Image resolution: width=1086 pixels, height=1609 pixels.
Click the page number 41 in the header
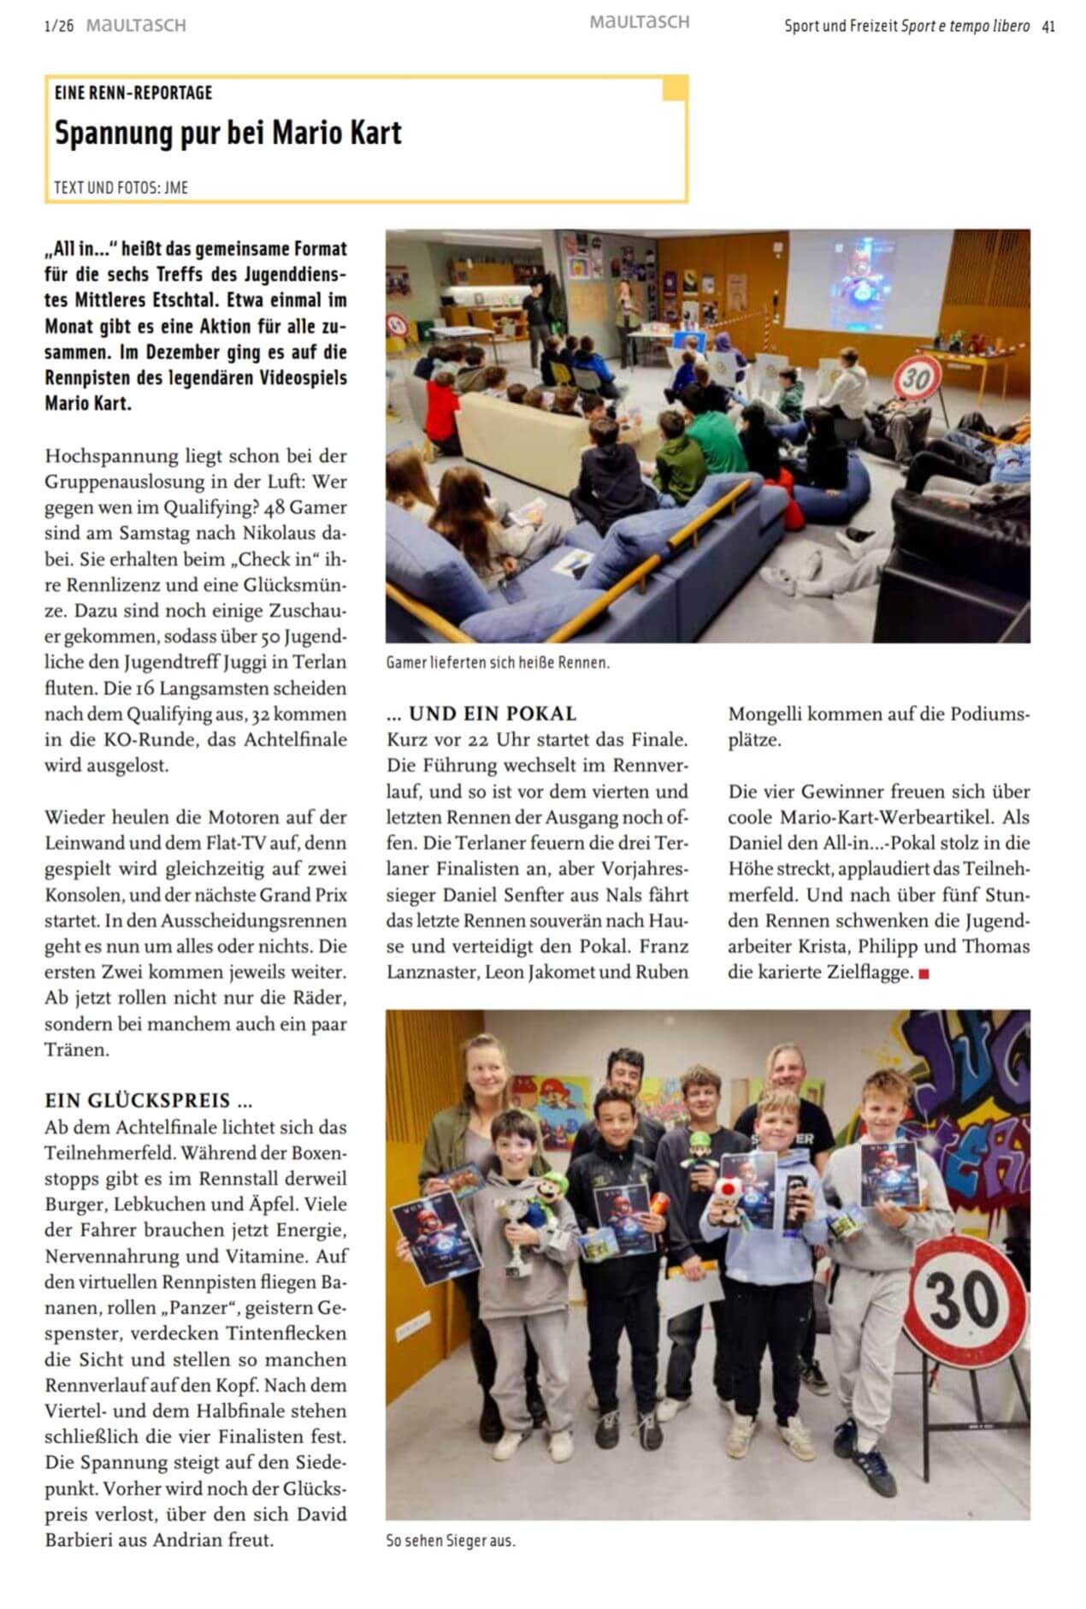1048,27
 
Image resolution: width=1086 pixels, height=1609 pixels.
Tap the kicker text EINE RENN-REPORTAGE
133,92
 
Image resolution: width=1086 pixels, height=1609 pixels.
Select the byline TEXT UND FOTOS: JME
121,187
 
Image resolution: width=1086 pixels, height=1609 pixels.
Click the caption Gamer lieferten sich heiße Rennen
497,663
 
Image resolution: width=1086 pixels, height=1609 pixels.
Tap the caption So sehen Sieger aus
451,1541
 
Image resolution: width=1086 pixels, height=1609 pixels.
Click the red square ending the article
924,973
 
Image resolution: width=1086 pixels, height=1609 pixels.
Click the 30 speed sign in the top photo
918,377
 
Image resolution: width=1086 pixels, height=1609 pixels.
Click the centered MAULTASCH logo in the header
639,22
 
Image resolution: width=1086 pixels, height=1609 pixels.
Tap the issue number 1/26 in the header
59,27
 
